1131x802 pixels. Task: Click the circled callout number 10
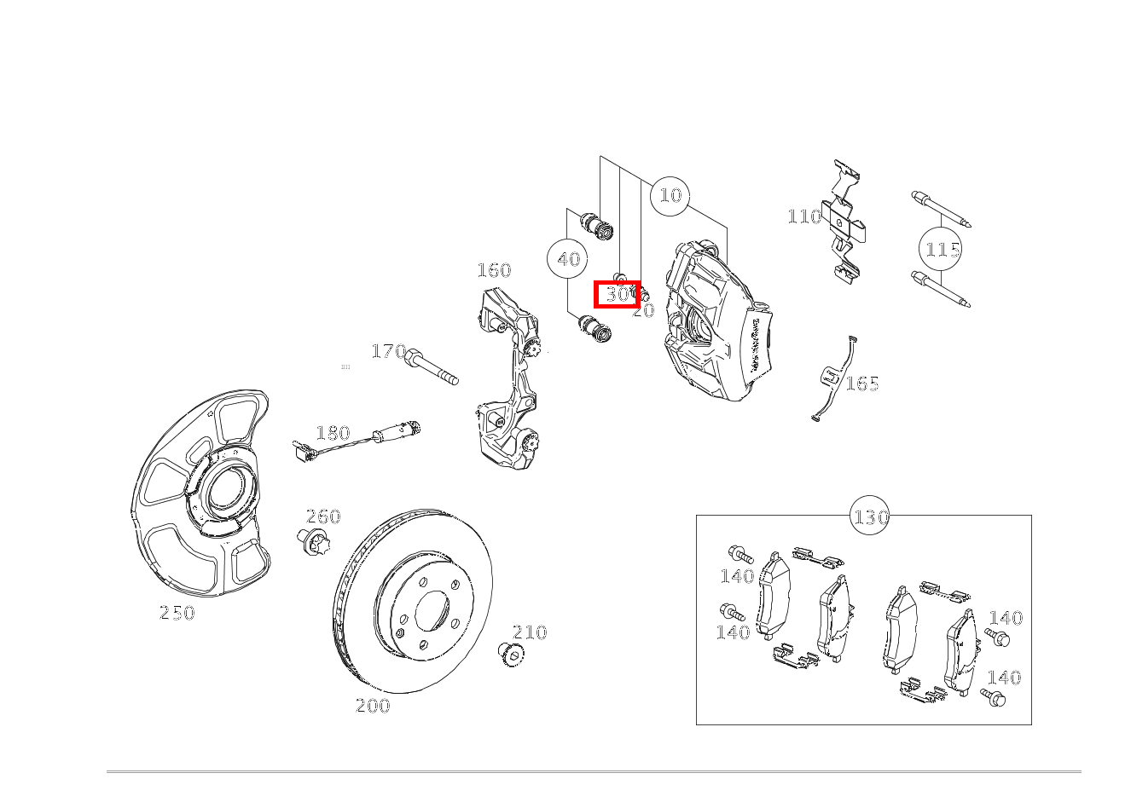670,196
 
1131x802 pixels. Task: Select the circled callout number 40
568,259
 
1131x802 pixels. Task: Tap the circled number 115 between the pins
942,250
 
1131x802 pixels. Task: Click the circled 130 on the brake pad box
870,516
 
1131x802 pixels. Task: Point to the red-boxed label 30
618,295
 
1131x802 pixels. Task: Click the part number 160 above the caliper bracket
493,271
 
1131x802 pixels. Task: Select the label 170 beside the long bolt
388,351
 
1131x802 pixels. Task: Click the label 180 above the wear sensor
333,433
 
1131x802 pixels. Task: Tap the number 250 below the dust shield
177,613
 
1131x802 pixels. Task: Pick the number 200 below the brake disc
373,706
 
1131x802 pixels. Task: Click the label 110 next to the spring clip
803,216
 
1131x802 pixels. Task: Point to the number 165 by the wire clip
861,384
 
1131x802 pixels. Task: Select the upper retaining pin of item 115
941,211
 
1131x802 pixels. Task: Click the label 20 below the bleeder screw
643,312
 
